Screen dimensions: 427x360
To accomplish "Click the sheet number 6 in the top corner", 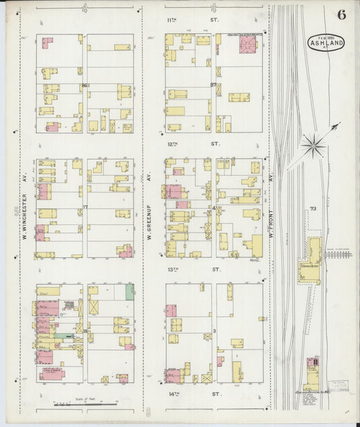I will click(341, 16).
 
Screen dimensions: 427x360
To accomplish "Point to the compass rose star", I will click(313, 143).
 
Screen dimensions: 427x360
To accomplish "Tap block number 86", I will click(84, 85).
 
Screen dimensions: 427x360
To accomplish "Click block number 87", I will click(213, 85).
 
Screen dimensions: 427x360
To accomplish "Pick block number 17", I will click(85, 207).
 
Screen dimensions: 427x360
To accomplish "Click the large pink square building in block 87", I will click(247, 45).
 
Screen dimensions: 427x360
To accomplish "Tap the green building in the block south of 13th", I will click(129, 292).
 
